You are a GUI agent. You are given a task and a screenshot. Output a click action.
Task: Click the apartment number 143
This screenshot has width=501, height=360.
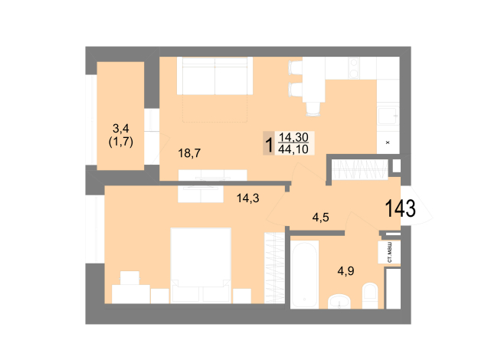click(401, 208)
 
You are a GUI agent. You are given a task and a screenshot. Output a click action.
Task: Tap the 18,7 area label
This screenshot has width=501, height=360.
click(189, 153)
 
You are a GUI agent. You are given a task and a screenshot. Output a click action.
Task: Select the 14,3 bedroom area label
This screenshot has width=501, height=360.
click(247, 198)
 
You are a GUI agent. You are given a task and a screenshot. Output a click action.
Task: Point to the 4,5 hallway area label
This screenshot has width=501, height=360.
click(320, 218)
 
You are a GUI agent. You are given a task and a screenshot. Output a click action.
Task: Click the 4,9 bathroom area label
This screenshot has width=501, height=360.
click(345, 271)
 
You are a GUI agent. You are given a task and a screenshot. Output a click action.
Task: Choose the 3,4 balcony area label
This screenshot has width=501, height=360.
click(121, 129)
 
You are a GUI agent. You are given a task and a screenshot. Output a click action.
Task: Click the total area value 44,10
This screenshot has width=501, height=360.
click(293, 149)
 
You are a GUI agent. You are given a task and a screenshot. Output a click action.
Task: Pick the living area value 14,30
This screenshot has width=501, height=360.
click(293, 137)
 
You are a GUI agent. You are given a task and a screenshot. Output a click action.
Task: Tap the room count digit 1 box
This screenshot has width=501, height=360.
click(269, 143)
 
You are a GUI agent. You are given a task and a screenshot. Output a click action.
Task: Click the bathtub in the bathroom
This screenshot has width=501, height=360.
click(304, 274)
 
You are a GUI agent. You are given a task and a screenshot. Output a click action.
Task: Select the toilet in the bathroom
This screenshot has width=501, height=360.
click(370, 296)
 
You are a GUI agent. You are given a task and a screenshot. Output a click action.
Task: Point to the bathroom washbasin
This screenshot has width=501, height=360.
click(339, 301)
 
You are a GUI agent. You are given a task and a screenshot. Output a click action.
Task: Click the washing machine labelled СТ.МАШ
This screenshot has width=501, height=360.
click(389, 252)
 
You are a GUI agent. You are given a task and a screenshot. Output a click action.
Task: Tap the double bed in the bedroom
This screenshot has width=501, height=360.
click(201, 265)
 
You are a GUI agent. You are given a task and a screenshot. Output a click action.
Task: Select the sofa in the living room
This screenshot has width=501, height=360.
click(214, 76)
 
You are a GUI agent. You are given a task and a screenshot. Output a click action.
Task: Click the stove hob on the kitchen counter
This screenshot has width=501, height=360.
click(354, 68)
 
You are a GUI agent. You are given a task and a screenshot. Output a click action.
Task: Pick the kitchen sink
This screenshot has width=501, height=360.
click(388, 115)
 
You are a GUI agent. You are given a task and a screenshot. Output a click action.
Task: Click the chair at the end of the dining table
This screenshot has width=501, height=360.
click(313, 109)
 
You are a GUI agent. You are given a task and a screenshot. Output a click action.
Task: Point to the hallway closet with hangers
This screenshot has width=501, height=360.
click(360, 169)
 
